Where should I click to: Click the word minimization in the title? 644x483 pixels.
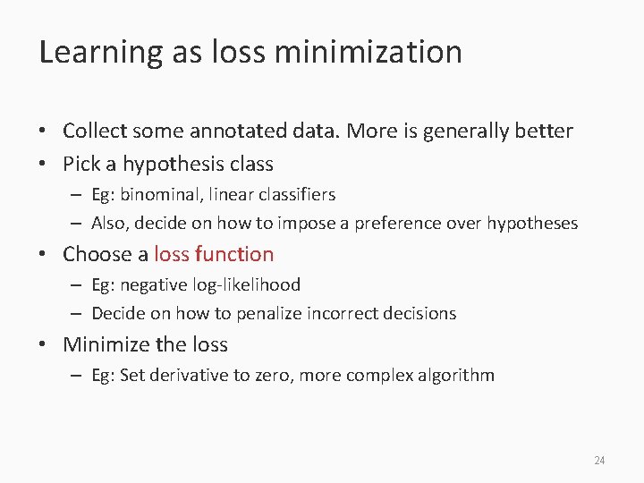(x=369, y=52)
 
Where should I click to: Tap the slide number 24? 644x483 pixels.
(x=599, y=461)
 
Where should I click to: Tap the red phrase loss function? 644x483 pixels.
(x=214, y=254)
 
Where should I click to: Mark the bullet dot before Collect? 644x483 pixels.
(x=44, y=131)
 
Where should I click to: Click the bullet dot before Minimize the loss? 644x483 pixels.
(x=44, y=344)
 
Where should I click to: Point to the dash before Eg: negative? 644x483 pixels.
(x=77, y=285)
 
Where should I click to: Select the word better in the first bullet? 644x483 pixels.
(x=543, y=131)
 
